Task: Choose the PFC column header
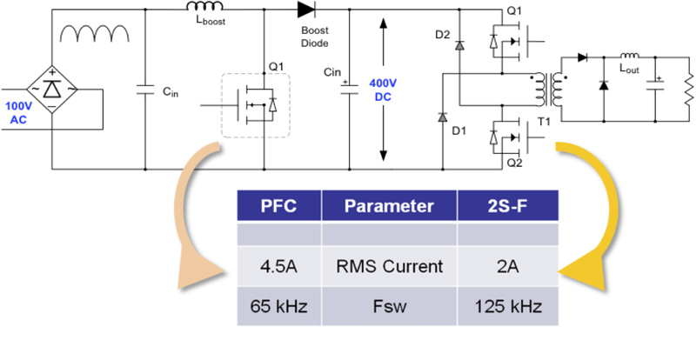click(x=279, y=208)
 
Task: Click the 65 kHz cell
click(x=279, y=306)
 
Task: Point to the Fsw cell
click(x=390, y=306)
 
